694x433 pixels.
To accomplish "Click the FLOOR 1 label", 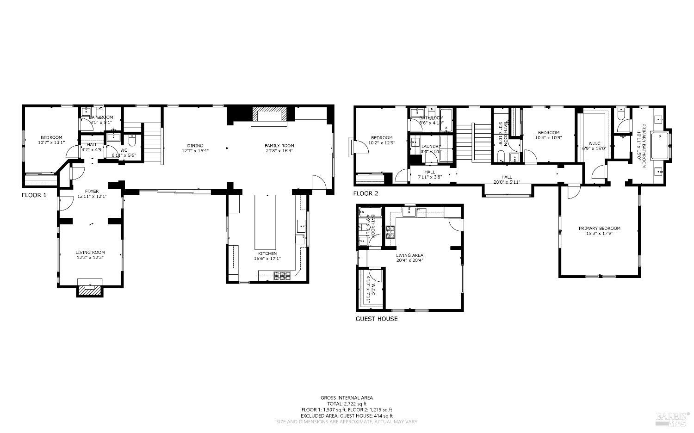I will click(34, 195).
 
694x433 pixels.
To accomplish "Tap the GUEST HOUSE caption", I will click(376, 319).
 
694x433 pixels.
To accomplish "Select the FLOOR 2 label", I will click(366, 193).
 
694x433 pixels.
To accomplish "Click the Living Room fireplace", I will click(90, 290).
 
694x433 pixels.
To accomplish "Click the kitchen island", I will click(266, 222).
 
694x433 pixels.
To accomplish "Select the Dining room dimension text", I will click(195, 151).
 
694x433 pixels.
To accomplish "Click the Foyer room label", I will click(91, 191).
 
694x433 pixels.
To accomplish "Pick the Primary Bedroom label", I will click(599, 228).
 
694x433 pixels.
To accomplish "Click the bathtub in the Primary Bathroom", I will click(660, 146).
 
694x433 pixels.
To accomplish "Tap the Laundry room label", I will click(431, 147).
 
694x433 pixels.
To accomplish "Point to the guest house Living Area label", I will click(409, 255).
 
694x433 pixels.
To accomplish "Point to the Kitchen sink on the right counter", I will click(301, 226).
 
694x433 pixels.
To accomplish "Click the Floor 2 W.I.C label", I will click(595, 143).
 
